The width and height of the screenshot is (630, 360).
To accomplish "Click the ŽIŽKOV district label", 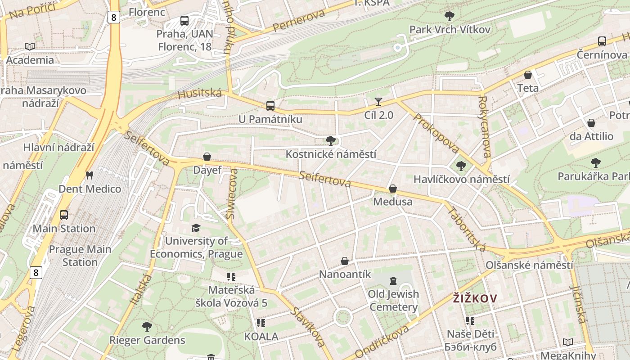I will click(x=475, y=298).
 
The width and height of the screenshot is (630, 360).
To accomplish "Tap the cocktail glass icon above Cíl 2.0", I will click(x=378, y=102).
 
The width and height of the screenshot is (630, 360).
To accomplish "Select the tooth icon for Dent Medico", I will click(x=90, y=175).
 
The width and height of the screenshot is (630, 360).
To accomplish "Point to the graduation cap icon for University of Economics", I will click(x=196, y=228).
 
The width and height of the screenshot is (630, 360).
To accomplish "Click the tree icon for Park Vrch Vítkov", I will click(x=449, y=16).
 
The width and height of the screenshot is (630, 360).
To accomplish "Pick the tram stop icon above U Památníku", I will click(x=270, y=106).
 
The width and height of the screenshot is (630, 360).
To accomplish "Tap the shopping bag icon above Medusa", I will click(x=393, y=189).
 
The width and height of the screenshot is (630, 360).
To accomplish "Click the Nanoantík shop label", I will click(x=345, y=274).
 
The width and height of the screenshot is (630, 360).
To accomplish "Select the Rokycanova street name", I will click(x=485, y=127).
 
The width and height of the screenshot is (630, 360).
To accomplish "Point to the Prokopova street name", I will click(x=436, y=133).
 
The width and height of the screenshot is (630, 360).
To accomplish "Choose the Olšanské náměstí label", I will click(x=530, y=265).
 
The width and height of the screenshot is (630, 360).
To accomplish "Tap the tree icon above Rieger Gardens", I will click(x=147, y=326).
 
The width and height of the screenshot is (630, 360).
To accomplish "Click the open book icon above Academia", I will click(x=30, y=46).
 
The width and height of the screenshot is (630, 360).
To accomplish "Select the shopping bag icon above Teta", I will click(x=528, y=75).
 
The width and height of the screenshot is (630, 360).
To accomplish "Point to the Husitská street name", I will click(x=200, y=94).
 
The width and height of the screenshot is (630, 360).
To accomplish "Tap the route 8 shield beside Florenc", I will click(x=114, y=18).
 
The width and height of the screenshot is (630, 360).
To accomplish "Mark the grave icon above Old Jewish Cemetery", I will click(x=393, y=281).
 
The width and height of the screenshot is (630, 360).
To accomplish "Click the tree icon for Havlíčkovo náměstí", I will click(x=461, y=166).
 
